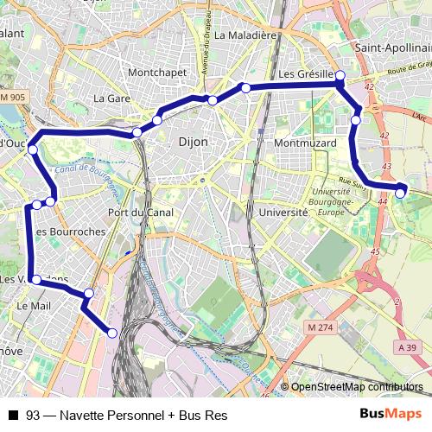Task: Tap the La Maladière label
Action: (x=245, y=35)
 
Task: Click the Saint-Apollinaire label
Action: (x=393, y=48)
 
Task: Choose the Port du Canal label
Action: (x=141, y=213)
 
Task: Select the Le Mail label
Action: (x=33, y=306)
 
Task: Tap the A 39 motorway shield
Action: (x=408, y=346)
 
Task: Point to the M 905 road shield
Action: (x=13, y=98)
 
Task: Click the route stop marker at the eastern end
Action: (x=400, y=193)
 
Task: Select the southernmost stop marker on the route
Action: (x=112, y=333)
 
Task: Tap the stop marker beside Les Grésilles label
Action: (x=340, y=76)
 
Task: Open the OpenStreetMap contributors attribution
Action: (x=355, y=387)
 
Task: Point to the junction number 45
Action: (x=374, y=251)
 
